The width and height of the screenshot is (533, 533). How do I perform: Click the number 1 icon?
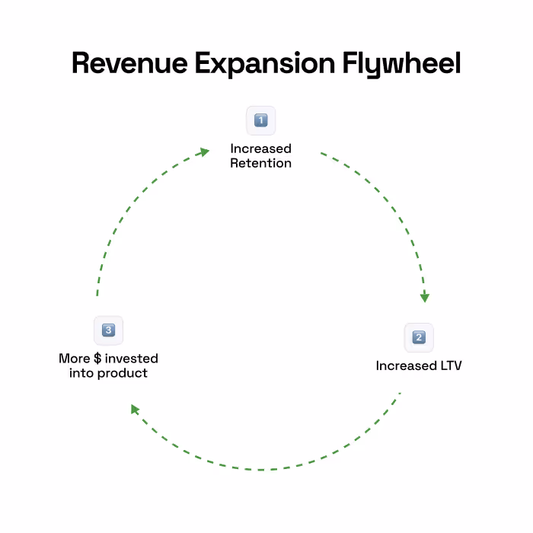pyautogui.click(x=260, y=120)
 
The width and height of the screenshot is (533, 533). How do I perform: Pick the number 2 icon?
pyautogui.click(x=419, y=337)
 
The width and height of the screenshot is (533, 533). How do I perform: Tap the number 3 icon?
pyautogui.click(x=108, y=330)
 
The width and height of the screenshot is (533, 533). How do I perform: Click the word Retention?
pyautogui.click(x=260, y=163)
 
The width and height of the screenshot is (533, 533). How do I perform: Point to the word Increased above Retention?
pyautogui.click(x=260, y=148)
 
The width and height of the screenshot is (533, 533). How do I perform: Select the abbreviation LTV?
pyautogui.click(x=448, y=365)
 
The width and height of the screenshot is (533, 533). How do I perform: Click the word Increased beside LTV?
pyautogui.click(x=404, y=365)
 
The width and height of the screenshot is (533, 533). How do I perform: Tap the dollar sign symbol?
pyautogui.click(x=97, y=358)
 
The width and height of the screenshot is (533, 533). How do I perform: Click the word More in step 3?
pyautogui.click(x=75, y=358)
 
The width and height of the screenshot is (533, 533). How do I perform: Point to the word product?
pyautogui.click(x=126, y=373)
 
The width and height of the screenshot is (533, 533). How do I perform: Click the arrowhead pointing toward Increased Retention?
pyautogui.click(x=203, y=152)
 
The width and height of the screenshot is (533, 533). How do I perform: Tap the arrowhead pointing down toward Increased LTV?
pyautogui.click(x=425, y=297)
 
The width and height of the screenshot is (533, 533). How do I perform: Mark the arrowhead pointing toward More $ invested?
pyautogui.click(x=135, y=410)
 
